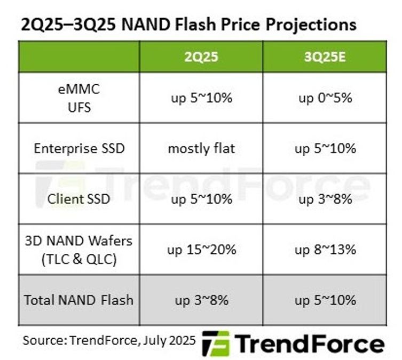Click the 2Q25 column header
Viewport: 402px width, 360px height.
tap(201, 57)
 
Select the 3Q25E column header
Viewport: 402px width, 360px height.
tap(325, 57)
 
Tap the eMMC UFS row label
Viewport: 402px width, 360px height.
tap(79, 98)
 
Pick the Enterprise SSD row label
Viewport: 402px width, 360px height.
tap(79, 148)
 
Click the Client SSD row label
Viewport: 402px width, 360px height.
tap(79, 199)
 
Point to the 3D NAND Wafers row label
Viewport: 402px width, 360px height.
tap(79, 249)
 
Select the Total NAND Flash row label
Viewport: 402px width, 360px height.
tap(79, 300)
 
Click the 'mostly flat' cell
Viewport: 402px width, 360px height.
tap(201, 148)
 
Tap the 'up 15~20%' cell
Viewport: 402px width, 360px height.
tap(201, 249)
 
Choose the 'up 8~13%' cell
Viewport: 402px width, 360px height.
tap(325, 249)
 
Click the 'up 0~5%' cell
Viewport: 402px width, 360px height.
tap(325, 98)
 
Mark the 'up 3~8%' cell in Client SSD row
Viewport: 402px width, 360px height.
tap(325, 199)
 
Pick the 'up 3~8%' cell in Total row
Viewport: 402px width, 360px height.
tap(201, 300)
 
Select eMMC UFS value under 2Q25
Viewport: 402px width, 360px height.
tap(201, 98)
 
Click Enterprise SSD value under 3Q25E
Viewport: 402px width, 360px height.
tap(325, 148)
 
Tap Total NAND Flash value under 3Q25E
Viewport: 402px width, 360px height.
tap(325, 300)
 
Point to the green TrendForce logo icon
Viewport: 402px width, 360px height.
tap(215, 343)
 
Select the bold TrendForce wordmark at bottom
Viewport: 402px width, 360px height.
tap(310, 343)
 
